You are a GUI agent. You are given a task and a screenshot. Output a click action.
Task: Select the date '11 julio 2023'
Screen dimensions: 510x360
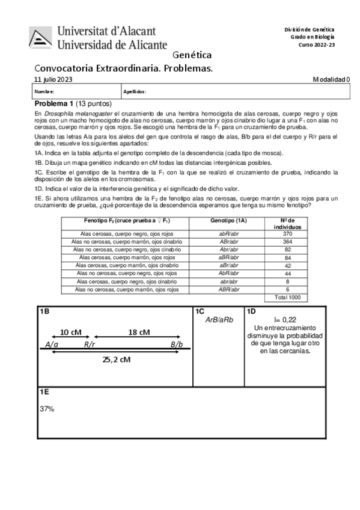(x=53, y=79)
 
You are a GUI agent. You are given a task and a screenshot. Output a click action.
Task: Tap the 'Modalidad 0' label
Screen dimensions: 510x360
(x=331, y=79)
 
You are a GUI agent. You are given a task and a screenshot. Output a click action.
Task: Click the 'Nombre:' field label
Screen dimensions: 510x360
(x=44, y=92)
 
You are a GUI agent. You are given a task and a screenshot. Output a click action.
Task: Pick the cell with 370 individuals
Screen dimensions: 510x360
(x=287, y=234)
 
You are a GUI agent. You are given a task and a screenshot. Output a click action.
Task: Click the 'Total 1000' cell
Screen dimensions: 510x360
(x=287, y=297)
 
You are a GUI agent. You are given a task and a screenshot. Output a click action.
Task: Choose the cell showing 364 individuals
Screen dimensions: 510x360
(x=287, y=242)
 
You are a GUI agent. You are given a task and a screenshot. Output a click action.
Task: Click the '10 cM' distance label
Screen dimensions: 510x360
(x=71, y=332)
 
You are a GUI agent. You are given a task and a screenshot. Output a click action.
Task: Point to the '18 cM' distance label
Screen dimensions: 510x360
(x=139, y=332)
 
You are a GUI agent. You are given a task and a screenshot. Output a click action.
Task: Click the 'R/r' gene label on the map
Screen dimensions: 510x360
(x=90, y=345)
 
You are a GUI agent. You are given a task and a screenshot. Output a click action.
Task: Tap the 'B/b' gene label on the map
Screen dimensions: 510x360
(x=176, y=345)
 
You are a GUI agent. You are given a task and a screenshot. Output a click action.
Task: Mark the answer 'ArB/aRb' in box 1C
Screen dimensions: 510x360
(x=219, y=320)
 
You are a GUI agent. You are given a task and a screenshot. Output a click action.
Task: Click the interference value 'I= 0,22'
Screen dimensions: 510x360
(x=285, y=319)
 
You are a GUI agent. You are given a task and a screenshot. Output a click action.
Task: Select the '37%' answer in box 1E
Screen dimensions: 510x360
(x=47, y=408)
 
